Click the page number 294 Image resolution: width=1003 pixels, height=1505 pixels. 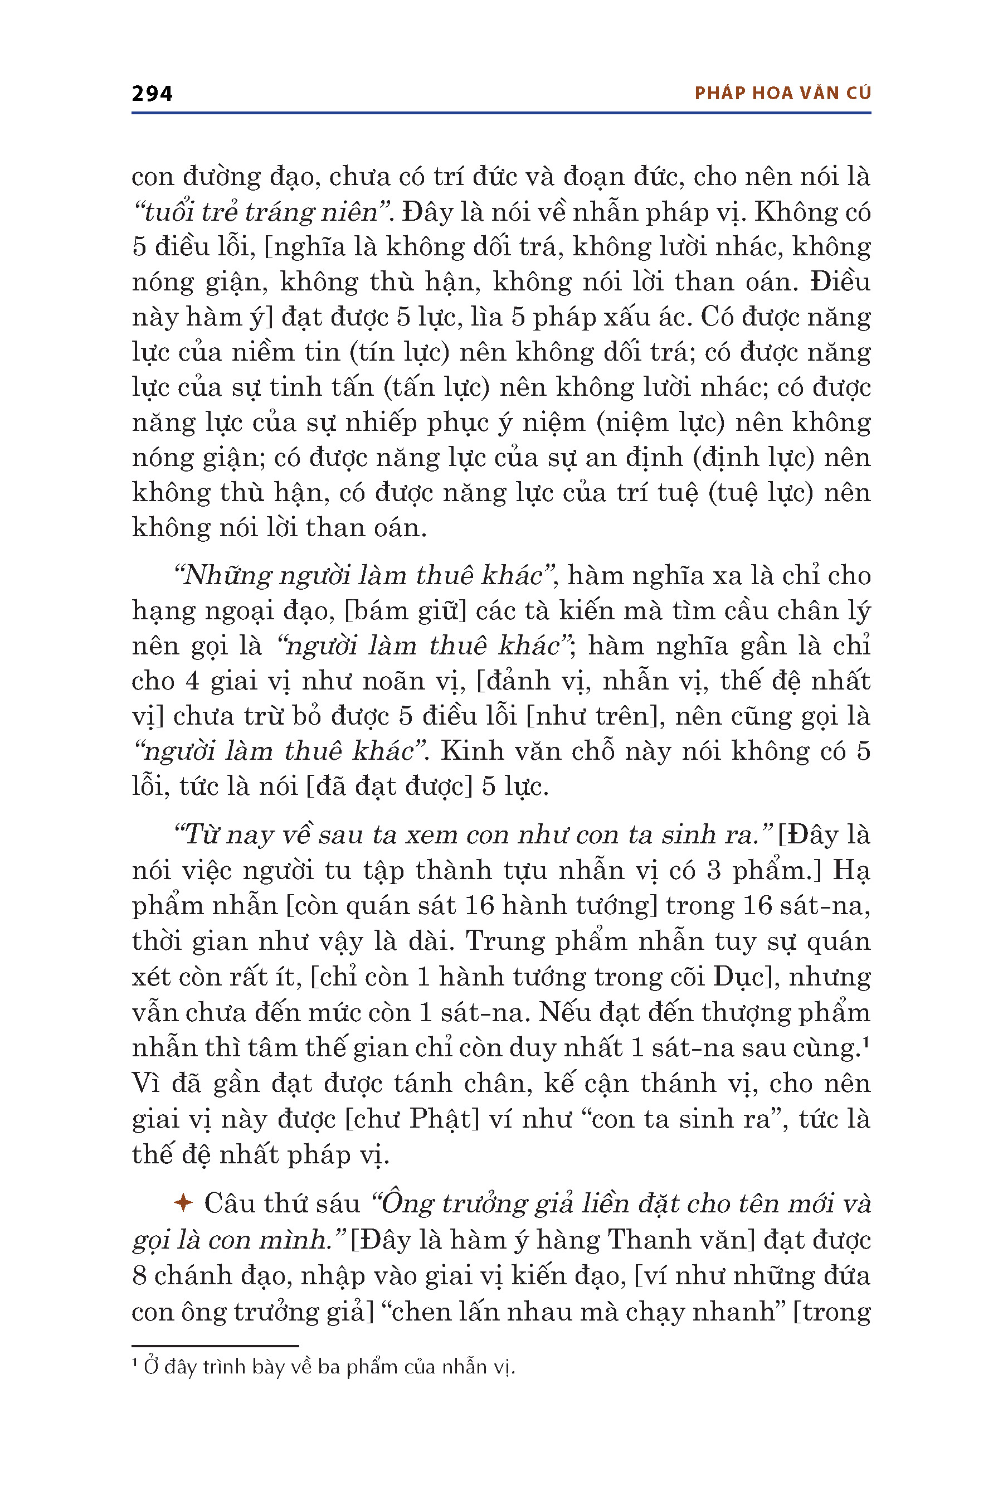pyautogui.click(x=152, y=94)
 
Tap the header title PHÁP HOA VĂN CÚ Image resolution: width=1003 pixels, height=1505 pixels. pyautogui.click(x=782, y=94)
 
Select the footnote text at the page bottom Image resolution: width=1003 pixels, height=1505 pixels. pyautogui.click(x=323, y=1367)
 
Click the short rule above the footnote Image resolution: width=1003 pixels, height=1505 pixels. pyautogui.click(x=215, y=1346)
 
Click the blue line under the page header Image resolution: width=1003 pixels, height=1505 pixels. pyautogui.click(x=501, y=113)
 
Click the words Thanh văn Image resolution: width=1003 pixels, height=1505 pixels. pyautogui.click(x=677, y=1240)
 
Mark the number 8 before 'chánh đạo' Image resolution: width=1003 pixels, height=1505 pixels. pyautogui.click(x=139, y=1275)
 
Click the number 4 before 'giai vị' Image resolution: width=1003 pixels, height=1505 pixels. pyautogui.click(x=192, y=681)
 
